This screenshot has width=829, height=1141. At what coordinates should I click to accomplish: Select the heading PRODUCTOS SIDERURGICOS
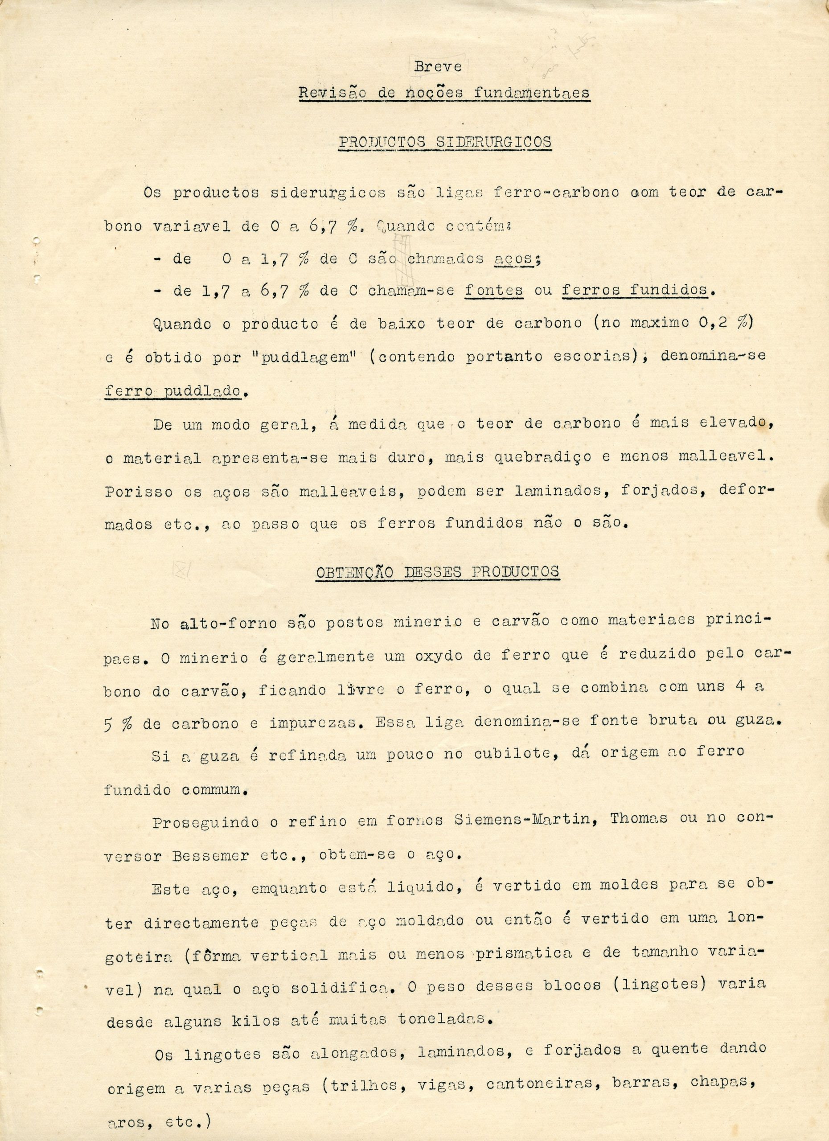[445, 142]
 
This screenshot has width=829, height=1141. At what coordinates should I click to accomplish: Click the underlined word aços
[513, 259]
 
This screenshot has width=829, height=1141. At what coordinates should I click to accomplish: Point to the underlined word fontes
[493, 291]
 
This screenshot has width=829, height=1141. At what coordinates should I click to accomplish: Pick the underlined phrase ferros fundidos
[634, 290]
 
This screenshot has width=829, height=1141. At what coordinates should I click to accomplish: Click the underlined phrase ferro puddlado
[172, 391]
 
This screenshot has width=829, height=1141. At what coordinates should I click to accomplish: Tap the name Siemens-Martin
[521, 820]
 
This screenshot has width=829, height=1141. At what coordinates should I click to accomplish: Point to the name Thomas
[639, 818]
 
